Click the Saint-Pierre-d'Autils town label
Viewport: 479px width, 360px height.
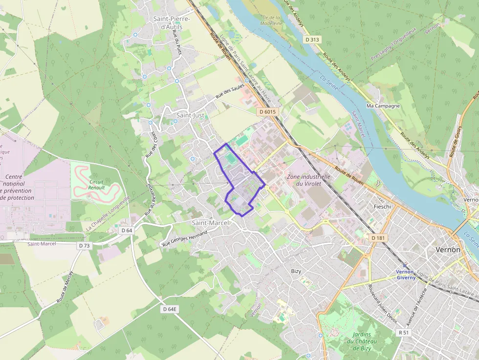[168, 22]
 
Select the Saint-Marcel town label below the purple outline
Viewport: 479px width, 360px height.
[210, 223]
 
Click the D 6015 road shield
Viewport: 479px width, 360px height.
[267, 112]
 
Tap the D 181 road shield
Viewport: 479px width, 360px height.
[378, 237]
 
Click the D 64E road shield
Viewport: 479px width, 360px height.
[170, 309]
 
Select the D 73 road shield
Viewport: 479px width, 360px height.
[84, 246]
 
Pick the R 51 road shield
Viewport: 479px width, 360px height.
[403, 332]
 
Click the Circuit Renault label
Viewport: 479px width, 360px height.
[96, 184]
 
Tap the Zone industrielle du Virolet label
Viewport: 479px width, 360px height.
[308, 180]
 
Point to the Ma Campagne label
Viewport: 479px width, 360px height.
[383, 106]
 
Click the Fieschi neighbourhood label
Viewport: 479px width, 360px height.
[382, 207]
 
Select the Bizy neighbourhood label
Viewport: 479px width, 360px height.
[296, 271]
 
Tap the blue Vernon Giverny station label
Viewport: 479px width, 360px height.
[405, 275]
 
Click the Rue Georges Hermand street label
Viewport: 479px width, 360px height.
[185, 238]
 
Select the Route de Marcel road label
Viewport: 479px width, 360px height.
[65, 286]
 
